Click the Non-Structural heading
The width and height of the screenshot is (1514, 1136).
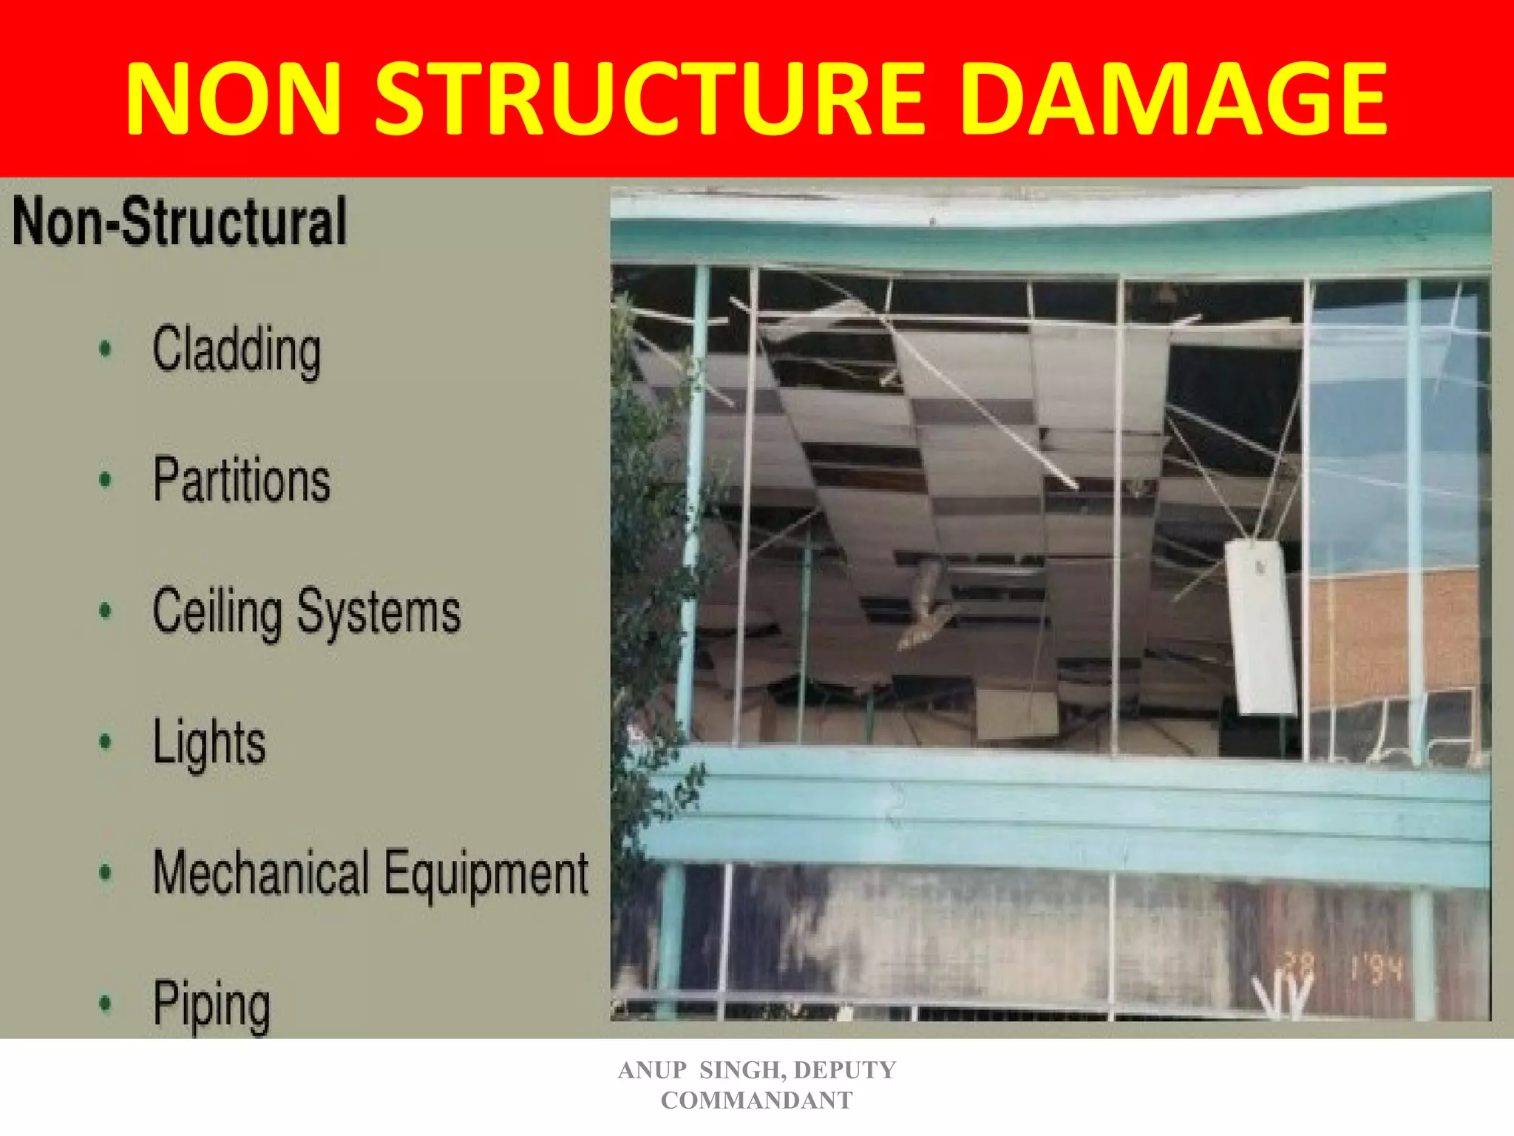click(x=180, y=221)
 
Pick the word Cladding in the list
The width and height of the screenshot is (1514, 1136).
click(x=237, y=351)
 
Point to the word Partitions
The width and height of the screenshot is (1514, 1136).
click(x=241, y=480)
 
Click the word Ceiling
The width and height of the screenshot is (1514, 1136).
click(x=217, y=613)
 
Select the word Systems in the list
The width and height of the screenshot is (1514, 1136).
click(x=378, y=613)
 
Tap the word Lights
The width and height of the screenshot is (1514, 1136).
click(x=209, y=743)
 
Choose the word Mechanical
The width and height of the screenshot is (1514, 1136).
click(x=260, y=873)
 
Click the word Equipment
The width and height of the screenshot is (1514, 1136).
click(x=486, y=875)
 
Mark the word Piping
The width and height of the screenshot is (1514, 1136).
click(x=211, y=1005)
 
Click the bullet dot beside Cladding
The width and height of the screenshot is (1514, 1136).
click(x=106, y=349)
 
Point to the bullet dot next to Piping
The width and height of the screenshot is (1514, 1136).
click(x=106, y=1004)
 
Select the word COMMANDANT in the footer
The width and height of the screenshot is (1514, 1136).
click(x=756, y=1100)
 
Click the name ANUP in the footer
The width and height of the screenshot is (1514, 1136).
click(x=652, y=1070)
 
